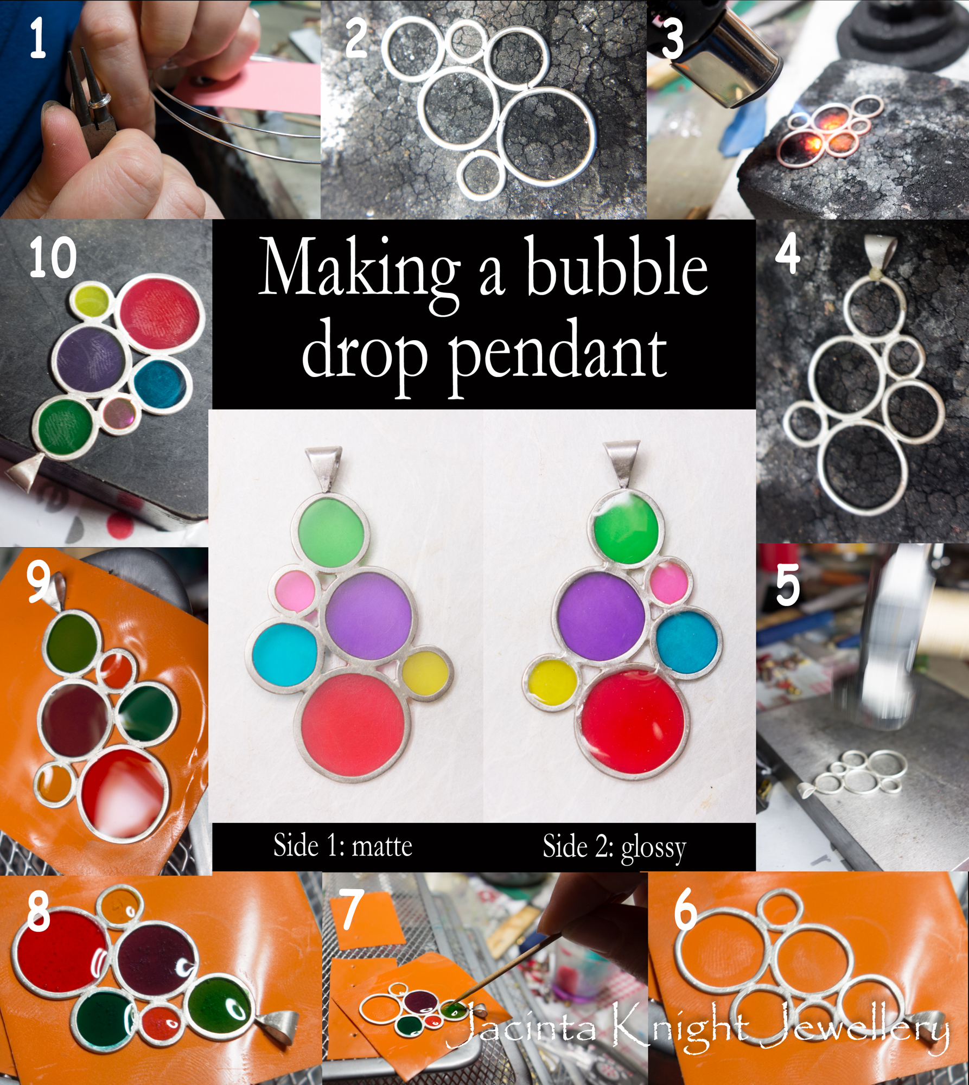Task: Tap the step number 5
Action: point(788,585)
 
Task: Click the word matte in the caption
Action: point(382,846)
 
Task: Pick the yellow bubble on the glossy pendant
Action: point(553,685)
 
